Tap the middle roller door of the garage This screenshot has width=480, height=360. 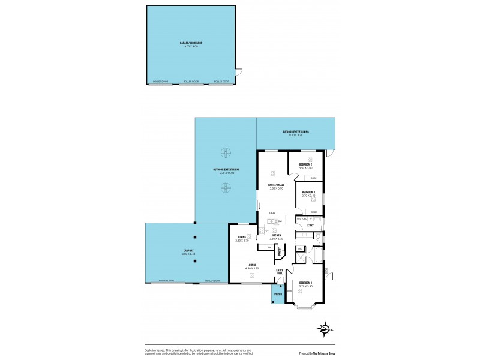coord(191,82)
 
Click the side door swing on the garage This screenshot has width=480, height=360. coord(239,73)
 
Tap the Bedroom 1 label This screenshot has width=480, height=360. coord(305,284)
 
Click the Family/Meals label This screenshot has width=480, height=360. coord(276,186)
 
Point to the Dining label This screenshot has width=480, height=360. coord(242,238)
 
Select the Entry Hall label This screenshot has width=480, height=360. coord(280,272)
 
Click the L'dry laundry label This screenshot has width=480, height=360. coord(310,226)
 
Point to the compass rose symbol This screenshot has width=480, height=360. coord(325,328)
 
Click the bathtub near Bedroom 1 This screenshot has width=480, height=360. coord(316,256)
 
